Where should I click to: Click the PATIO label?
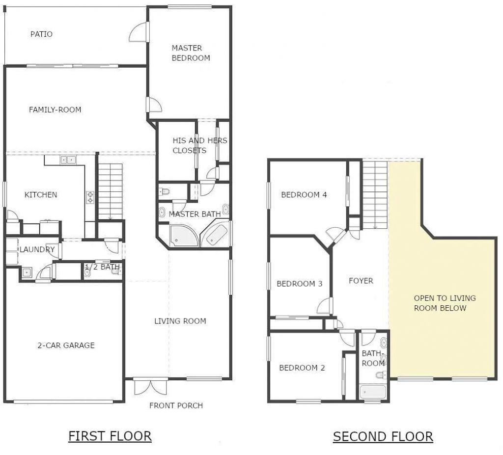pos(41,34)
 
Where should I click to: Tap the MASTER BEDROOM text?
pos(190,53)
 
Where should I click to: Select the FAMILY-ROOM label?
pos(55,109)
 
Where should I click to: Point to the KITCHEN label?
pos(41,195)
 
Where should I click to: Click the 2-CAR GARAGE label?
pos(66,345)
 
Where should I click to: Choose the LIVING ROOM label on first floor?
pos(180,321)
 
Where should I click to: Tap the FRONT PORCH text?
pos(176,405)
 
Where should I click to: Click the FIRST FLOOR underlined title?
pos(110,436)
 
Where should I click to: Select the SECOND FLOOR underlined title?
pos(383,436)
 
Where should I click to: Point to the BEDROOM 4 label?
pos(304,194)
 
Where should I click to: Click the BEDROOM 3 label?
pos(299,284)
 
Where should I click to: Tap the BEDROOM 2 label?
pos(302,368)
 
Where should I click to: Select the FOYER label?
pos(361,281)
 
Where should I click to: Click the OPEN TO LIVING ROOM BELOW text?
pos(445,303)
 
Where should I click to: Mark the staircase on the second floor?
pos(375,194)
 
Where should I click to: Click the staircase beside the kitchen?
pos(111,191)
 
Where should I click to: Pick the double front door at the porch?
pos(151,385)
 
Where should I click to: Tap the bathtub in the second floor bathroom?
pos(373,392)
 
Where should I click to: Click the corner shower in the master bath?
pos(183,236)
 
